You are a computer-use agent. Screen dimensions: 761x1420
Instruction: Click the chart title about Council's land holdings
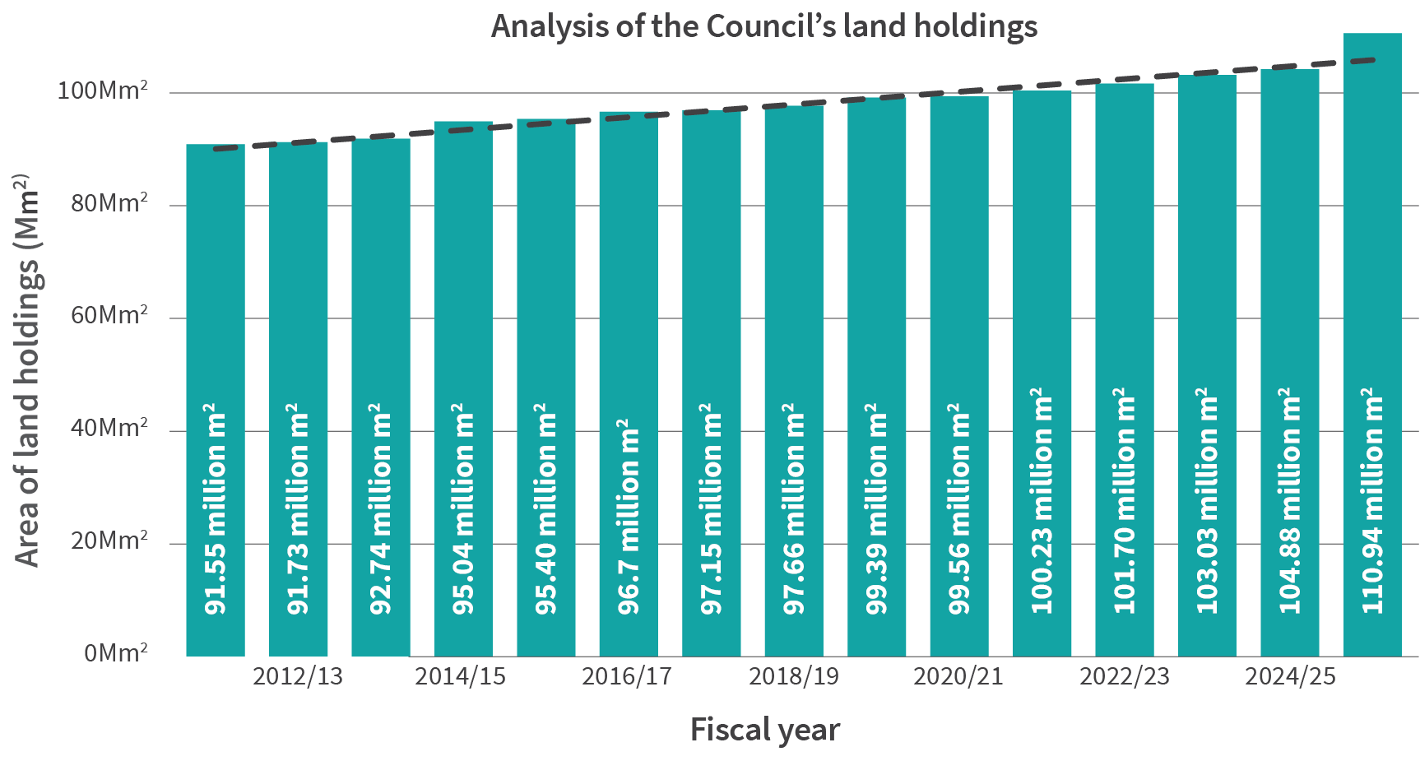tap(763, 26)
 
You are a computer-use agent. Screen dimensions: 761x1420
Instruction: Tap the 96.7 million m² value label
tap(629, 517)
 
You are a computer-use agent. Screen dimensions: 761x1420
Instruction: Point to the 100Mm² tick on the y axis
tap(103, 90)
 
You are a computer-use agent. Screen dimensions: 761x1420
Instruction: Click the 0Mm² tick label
tap(116, 653)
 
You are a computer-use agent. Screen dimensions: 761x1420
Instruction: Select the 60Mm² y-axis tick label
tap(109, 315)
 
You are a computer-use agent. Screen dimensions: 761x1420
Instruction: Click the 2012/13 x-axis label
tap(297, 677)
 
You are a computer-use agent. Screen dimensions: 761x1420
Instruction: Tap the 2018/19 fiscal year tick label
tap(793, 677)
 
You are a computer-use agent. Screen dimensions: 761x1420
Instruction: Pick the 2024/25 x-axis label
tap(1289, 677)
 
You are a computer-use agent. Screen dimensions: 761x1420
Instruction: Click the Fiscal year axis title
tap(764, 730)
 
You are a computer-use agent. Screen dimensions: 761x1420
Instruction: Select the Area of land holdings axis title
tap(27, 370)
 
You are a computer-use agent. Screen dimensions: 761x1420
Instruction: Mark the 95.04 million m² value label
tap(463, 508)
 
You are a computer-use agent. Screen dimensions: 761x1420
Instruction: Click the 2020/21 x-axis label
tap(958, 677)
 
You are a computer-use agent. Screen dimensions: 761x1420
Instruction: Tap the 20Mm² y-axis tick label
tap(109, 541)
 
